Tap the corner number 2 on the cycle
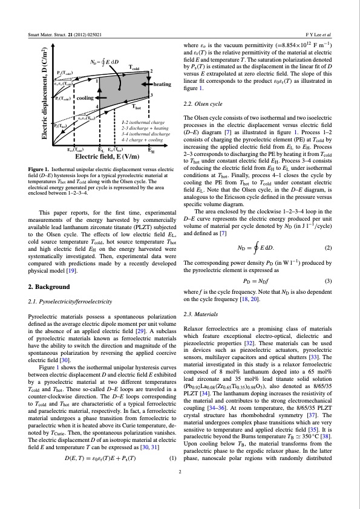click(151, 71)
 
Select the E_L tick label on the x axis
click(100, 149)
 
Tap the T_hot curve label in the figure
click(140, 106)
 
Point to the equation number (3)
click(329, 281)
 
